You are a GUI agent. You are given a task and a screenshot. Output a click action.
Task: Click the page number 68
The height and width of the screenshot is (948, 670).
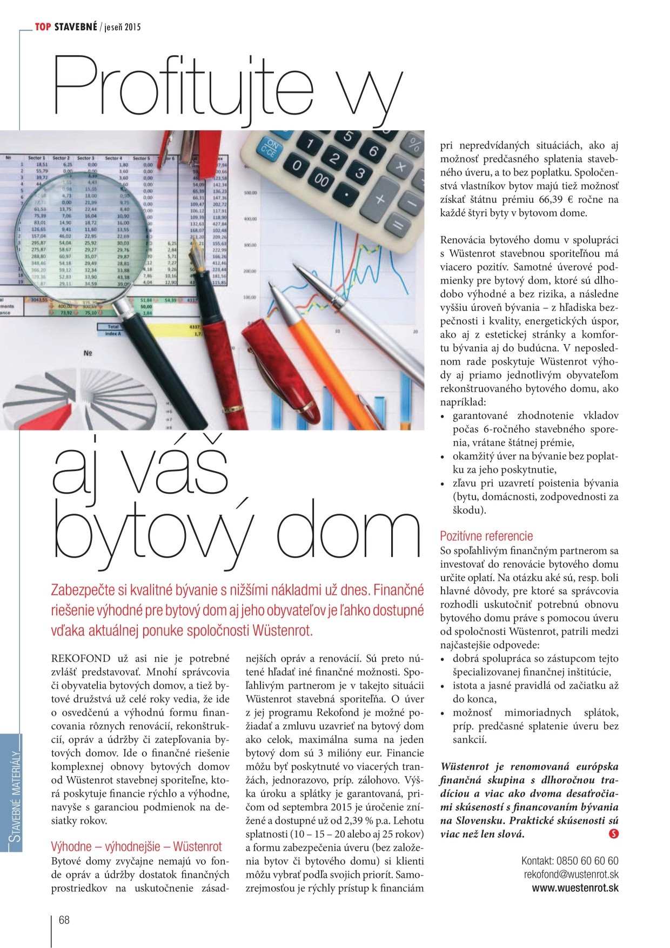64,920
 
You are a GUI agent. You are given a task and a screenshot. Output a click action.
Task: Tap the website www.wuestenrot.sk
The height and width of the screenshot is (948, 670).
575,888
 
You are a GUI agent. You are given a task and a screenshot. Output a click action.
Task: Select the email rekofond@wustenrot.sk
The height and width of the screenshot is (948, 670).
571,874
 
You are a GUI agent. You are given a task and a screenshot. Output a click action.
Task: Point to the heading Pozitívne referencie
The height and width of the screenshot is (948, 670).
486,536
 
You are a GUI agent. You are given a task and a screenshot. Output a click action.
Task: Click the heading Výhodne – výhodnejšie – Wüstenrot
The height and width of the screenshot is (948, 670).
136,846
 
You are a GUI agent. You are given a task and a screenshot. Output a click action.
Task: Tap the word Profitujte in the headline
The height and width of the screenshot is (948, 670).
184,86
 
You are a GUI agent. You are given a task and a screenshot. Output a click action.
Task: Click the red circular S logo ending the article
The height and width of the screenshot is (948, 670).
613,834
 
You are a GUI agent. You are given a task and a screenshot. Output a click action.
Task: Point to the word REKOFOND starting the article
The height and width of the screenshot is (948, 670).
81,658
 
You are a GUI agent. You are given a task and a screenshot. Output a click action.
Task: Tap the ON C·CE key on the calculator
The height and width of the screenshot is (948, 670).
272,149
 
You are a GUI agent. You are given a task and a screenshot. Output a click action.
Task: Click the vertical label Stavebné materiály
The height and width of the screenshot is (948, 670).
14,791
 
